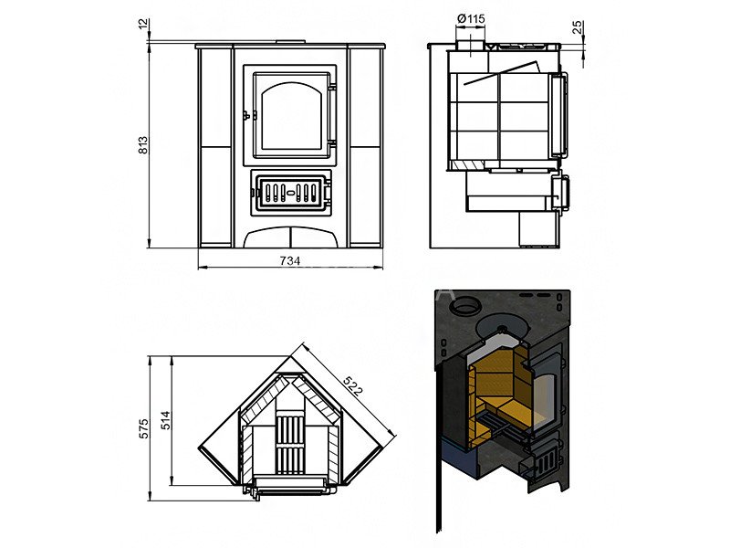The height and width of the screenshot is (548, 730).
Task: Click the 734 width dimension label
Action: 289,261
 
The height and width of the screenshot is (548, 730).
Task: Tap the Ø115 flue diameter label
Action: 471,19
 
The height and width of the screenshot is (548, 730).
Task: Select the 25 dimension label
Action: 578,26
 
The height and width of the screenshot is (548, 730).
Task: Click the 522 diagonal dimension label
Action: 353,385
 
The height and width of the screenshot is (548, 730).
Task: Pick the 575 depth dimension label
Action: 144,427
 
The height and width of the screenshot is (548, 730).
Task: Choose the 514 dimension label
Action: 166,420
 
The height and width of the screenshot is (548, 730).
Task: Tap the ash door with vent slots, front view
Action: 290,192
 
